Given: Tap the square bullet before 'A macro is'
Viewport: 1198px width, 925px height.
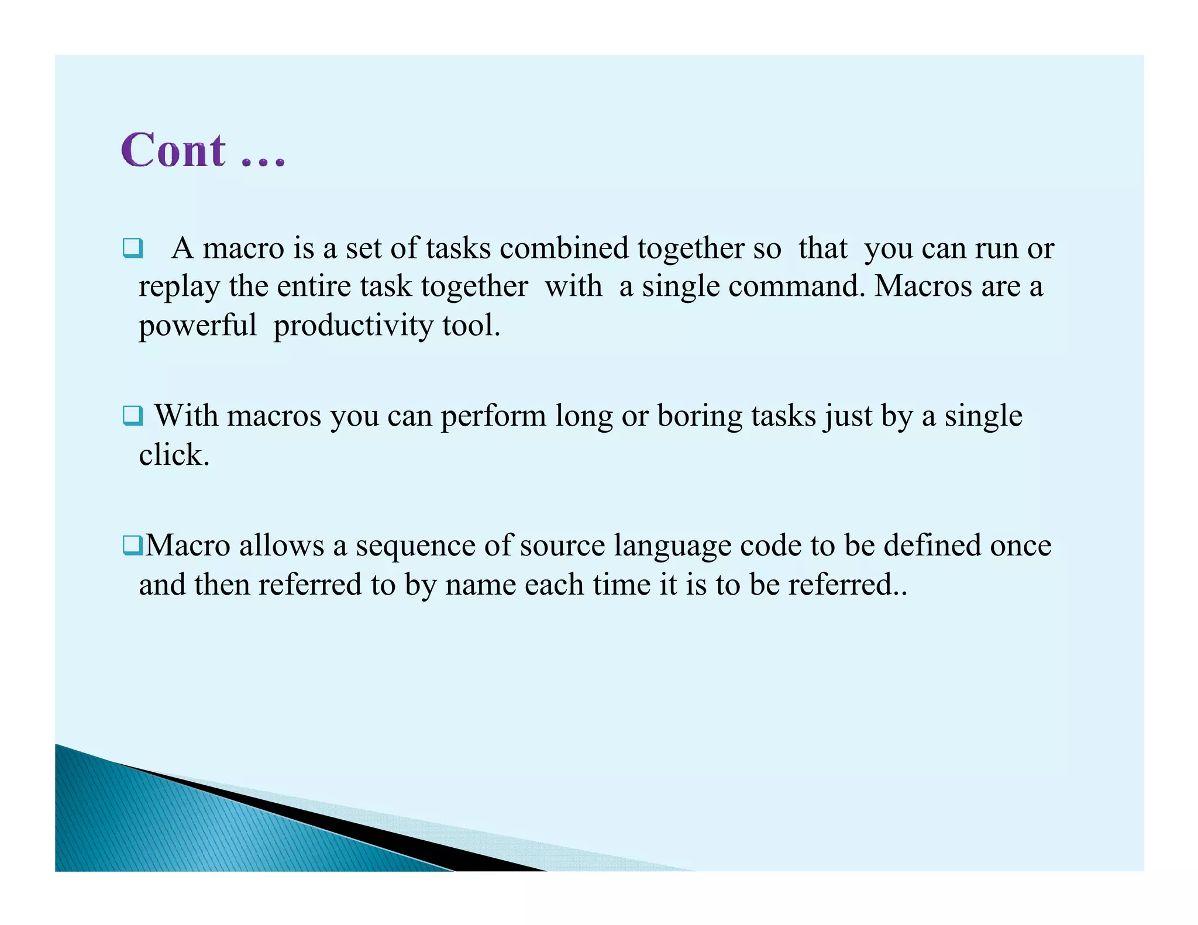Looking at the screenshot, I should click(133, 248).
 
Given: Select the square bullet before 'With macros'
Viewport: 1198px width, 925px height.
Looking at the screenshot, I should click(133, 416).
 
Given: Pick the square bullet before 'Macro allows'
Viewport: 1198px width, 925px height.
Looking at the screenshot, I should click(133, 546).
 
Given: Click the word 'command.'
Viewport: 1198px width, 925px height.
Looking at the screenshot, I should click(796, 287).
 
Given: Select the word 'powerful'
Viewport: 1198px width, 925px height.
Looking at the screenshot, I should click(197, 325).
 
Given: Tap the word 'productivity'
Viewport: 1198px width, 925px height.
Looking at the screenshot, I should click(353, 326).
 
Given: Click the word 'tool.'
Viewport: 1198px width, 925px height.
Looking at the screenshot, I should click(471, 325).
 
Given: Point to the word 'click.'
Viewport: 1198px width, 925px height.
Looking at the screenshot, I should click(174, 455).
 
